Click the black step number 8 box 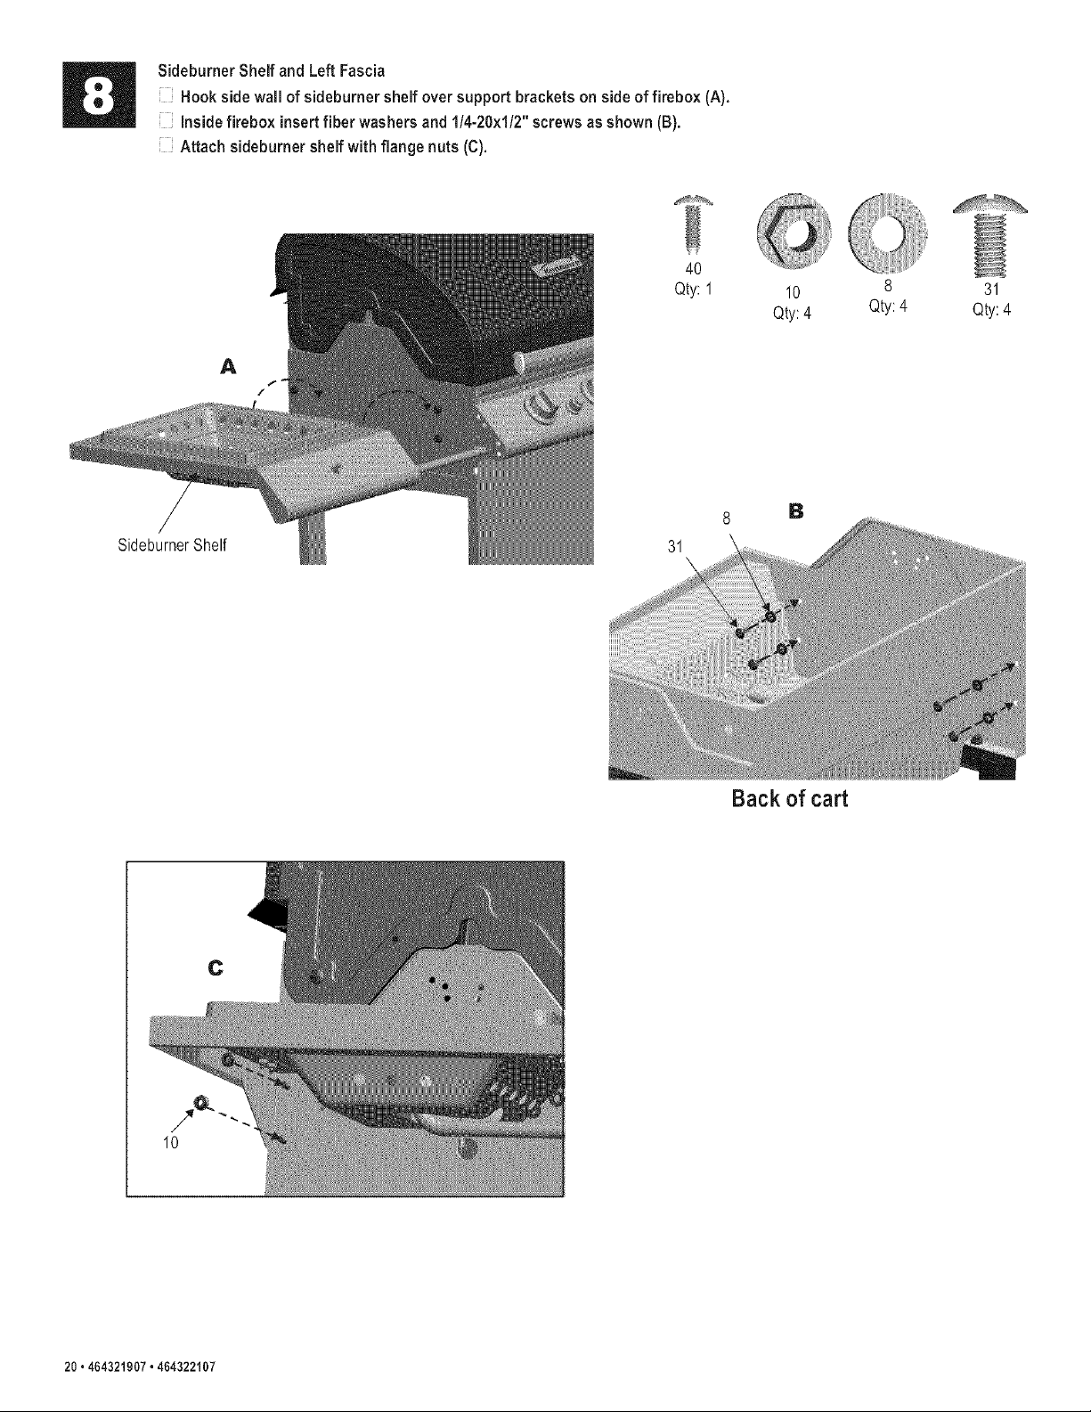point(100,94)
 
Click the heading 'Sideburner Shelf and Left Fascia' point(272,70)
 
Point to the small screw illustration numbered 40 point(694,224)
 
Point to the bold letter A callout point(228,367)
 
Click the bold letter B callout point(795,511)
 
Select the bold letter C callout point(215,968)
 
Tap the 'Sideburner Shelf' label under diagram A point(172,544)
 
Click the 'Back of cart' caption point(790,798)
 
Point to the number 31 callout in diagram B point(675,546)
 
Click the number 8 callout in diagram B point(727,518)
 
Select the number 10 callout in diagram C point(170,1143)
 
